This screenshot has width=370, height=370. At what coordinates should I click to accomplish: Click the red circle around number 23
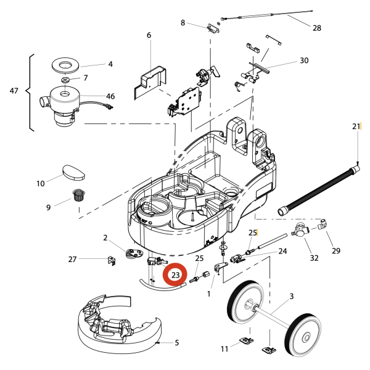coord(175,274)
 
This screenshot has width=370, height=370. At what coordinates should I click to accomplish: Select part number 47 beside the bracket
coord(14,91)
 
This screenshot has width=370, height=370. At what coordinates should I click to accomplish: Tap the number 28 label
coord(317,28)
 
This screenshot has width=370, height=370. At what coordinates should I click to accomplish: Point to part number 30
coord(304,60)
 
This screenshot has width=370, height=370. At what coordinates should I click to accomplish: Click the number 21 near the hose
coord(356,126)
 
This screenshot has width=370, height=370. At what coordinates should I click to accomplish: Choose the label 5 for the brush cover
coord(177,343)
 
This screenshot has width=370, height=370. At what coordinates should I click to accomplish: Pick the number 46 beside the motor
coord(110,96)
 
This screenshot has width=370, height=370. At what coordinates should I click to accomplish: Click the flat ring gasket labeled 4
coord(64,64)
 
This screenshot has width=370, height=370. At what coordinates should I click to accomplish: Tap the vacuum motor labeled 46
coord(62,104)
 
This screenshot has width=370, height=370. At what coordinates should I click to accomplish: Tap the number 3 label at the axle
coord(291,297)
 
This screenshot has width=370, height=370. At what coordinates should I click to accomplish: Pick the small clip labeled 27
coord(111,260)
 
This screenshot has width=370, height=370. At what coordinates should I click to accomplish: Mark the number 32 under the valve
coord(314,258)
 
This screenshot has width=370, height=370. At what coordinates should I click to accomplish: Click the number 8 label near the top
coord(183,23)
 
